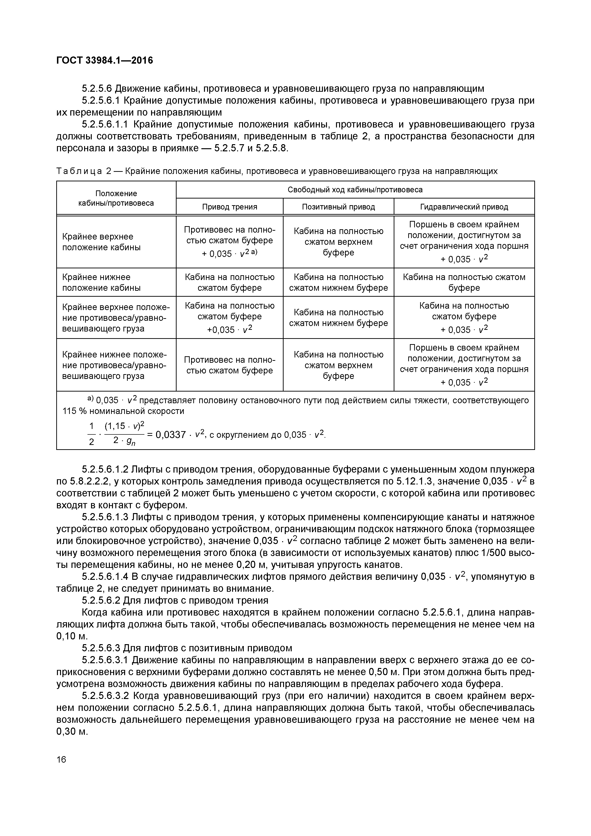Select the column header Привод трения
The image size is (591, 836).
pos(229,207)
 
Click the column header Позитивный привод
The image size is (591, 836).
pos(338,207)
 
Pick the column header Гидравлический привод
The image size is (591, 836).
pos(464,207)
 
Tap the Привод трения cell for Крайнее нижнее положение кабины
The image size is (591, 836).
pos(229,282)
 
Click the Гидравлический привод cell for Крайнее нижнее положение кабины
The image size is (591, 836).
pos(464,282)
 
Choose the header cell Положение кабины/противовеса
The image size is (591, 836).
pos(116,198)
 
